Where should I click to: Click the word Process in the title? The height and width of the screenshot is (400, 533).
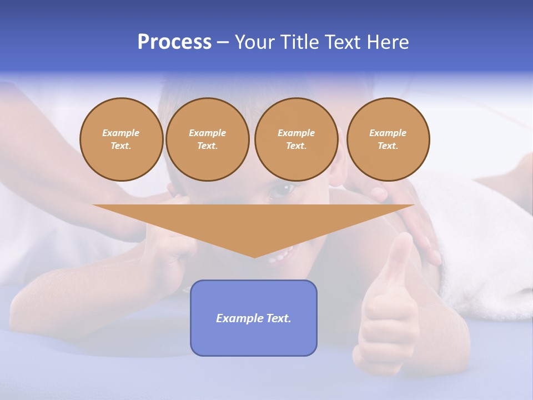tap(174, 42)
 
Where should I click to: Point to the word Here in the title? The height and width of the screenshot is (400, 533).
tap(388, 42)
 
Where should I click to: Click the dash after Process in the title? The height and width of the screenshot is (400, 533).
tap(223, 43)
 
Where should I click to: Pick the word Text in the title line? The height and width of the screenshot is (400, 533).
tap(344, 42)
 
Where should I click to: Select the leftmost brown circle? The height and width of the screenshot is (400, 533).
tap(122, 139)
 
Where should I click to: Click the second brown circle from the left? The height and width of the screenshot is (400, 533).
tap(208, 139)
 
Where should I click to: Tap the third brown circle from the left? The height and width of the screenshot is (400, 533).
tap(296, 139)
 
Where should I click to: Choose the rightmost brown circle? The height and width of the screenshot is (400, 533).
tap(388, 139)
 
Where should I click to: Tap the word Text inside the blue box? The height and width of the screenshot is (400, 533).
tap(279, 318)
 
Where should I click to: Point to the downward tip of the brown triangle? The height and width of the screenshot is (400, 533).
tap(254, 257)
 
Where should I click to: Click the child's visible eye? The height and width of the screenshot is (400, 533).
tap(282, 191)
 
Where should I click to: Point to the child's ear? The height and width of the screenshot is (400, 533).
tap(336, 177)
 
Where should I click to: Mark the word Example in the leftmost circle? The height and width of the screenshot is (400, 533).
tap(121, 133)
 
